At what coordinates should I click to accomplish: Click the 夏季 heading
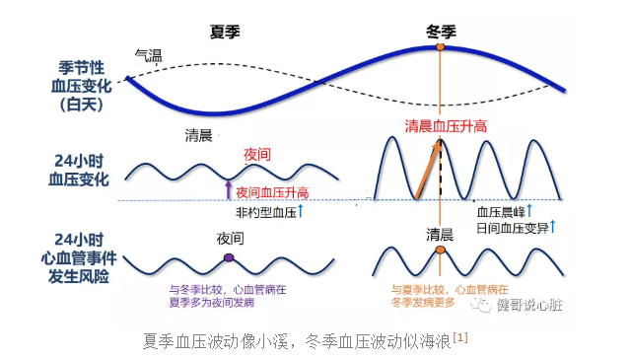(x=225, y=32)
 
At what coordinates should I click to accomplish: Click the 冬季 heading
(x=441, y=32)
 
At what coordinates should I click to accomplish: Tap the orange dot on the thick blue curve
(x=441, y=47)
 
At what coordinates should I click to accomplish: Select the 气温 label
(x=149, y=55)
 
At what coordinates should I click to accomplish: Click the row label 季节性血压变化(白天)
(x=81, y=86)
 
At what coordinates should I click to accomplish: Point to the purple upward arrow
(x=229, y=189)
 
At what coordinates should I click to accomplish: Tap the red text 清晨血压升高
(x=446, y=126)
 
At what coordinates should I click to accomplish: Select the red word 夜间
(x=257, y=155)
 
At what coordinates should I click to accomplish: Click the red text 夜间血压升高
(x=272, y=192)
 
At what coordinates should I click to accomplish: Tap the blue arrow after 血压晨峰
(x=529, y=210)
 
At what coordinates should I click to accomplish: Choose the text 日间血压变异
(x=513, y=228)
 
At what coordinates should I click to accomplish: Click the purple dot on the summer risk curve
(x=229, y=257)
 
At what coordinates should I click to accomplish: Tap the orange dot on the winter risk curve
(x=441, y=251)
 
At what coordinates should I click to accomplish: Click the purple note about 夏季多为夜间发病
(x=228, y=296)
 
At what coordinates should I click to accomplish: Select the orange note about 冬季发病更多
(x=450, y=296)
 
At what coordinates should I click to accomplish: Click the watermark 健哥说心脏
(x=529, y=305)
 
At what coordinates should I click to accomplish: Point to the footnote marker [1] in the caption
(x=460, y=336)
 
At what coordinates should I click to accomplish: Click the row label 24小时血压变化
(x=79, y=171)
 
